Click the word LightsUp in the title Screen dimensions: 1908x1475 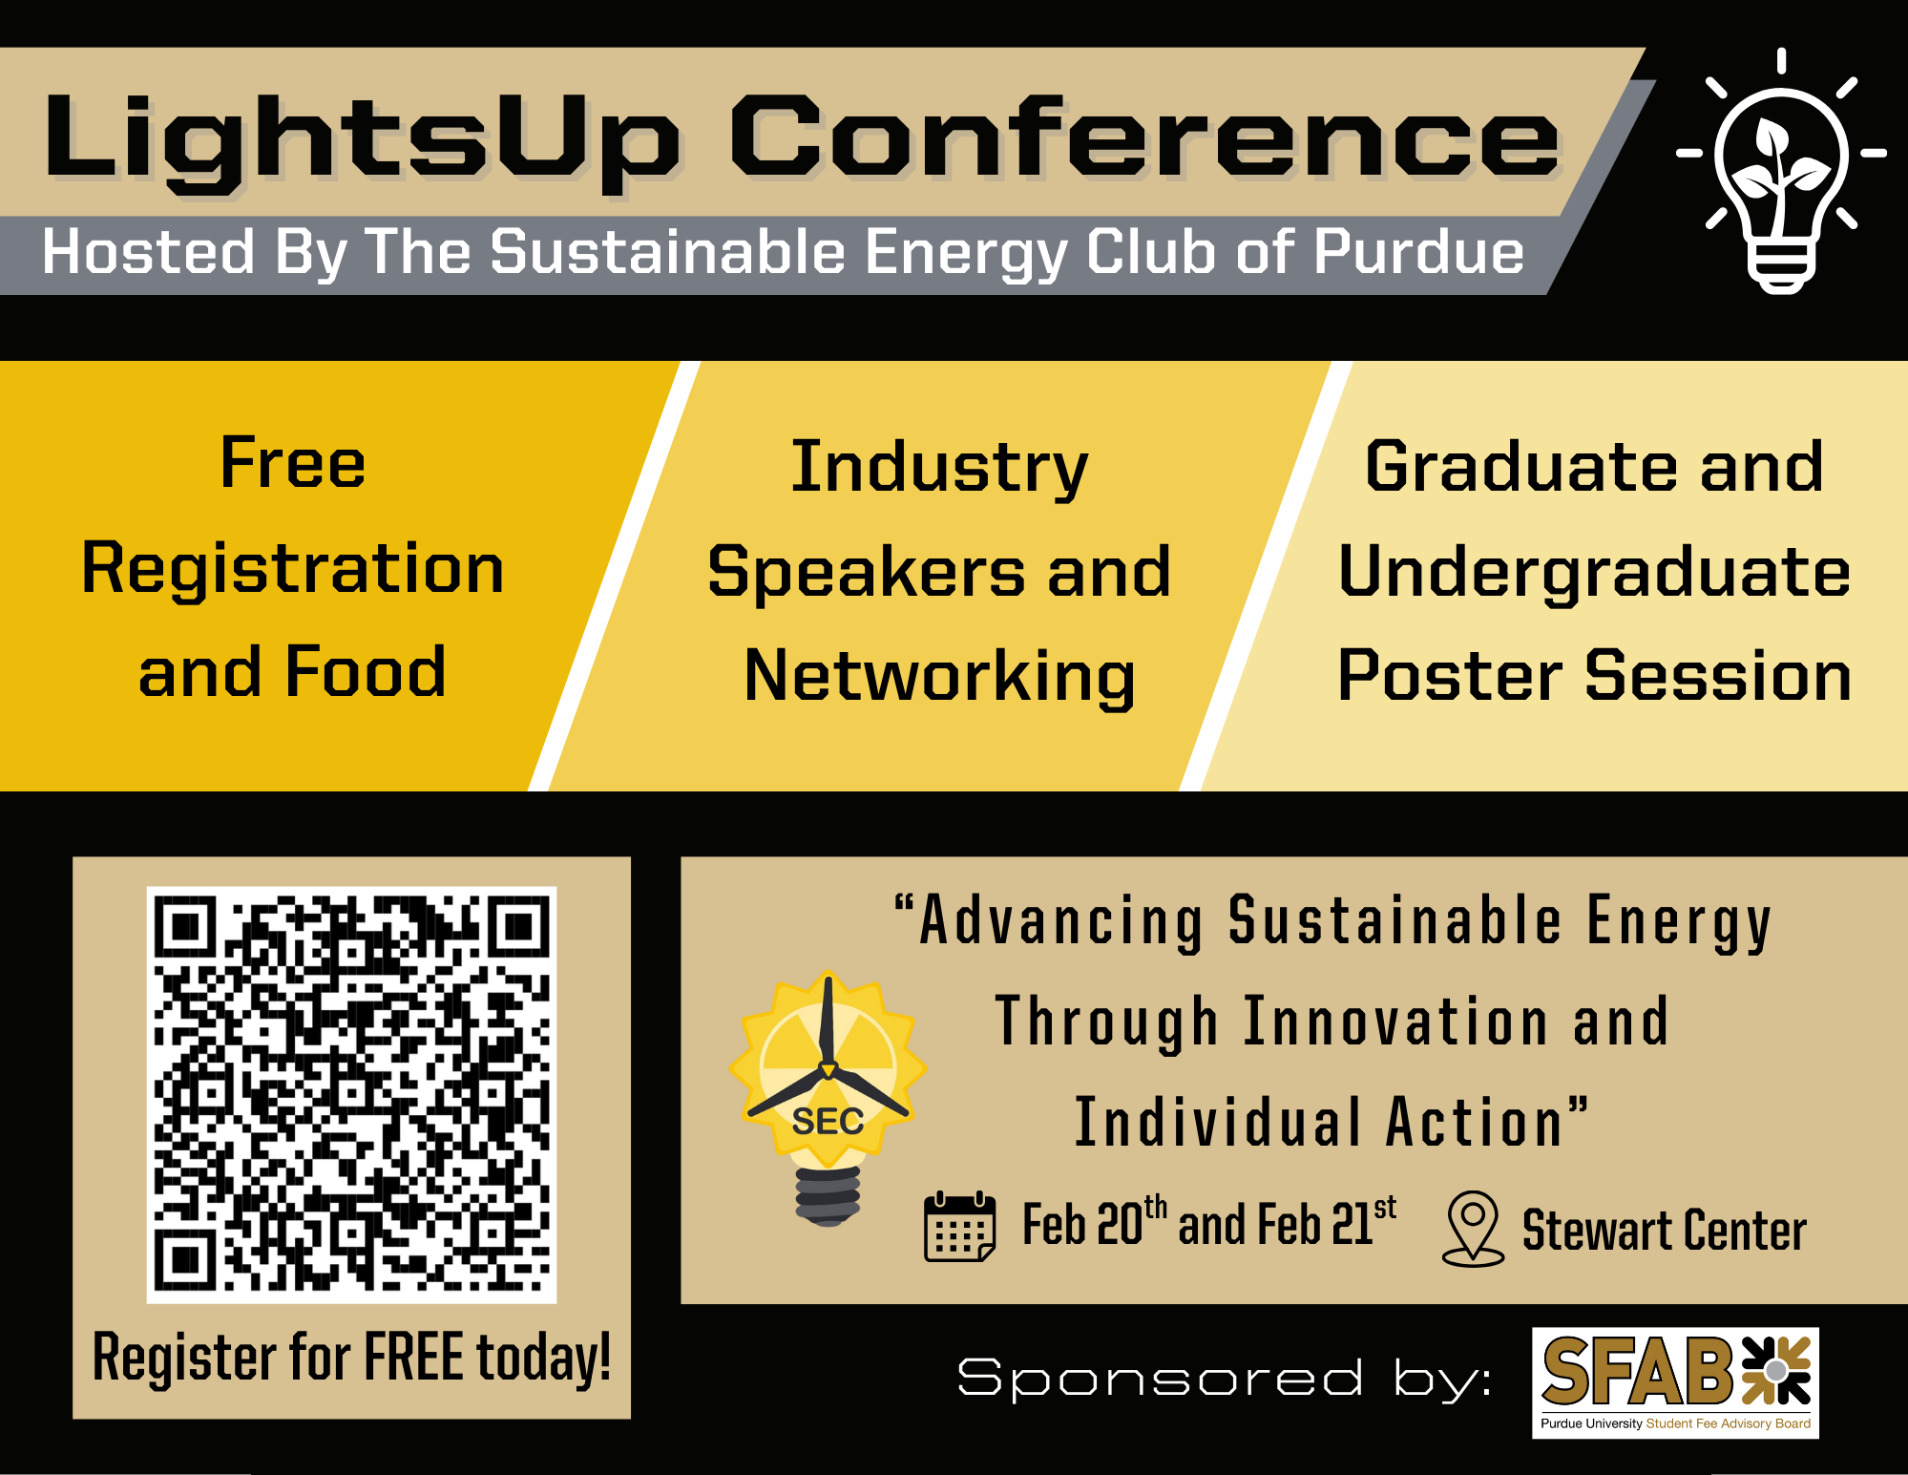(363, 141)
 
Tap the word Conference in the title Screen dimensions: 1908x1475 (1144, 136)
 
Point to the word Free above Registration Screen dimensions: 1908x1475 (293, 463)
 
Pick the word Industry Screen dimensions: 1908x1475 (939, 468)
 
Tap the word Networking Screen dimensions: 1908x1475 (939, 677)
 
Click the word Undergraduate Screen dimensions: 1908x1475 (1594, 572)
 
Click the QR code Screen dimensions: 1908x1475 (351, 1094)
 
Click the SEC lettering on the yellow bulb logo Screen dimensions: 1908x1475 (828, 1122)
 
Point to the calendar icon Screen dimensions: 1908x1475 (960, 1227)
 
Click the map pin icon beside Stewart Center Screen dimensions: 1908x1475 (1473, 1229)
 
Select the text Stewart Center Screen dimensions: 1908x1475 (1665, 1230)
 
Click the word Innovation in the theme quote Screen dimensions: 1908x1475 (1396, 1021)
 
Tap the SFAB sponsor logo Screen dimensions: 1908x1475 (1675, 1382)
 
